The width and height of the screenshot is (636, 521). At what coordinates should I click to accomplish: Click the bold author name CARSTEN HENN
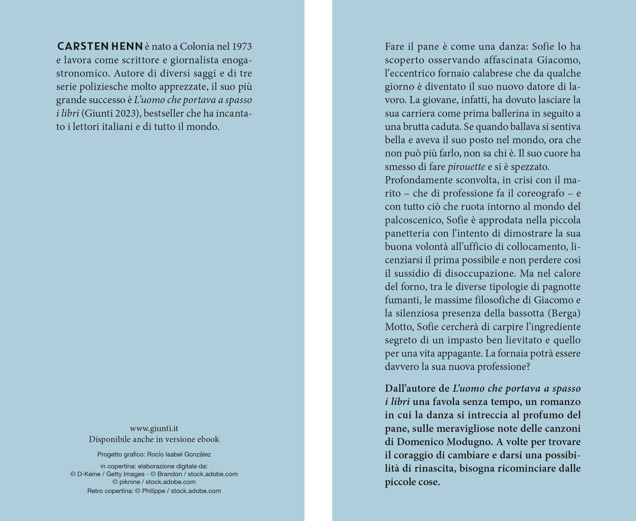(x=100, y=46)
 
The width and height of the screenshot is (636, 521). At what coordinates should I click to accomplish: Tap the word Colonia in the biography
(x=197, y=46)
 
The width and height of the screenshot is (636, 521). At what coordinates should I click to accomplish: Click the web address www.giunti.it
(x=154, y=428)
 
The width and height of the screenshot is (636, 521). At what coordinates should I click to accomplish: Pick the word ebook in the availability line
(x=206, y=439)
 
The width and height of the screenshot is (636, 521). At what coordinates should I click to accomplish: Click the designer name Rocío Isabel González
(x=179, y=454)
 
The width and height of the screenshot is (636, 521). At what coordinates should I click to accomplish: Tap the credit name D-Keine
(x=89, y=474)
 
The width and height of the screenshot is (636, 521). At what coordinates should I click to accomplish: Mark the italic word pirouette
(x=466, y=167)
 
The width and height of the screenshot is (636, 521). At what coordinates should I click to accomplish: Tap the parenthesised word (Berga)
(x=564, y=313)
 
